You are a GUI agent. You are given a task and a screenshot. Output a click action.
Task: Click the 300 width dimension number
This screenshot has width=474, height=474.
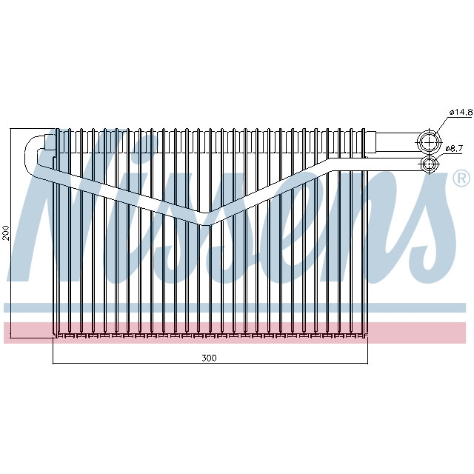tap(209, 358)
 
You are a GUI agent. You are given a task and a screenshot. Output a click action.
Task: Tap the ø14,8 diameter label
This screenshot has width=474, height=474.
tap(460, 113)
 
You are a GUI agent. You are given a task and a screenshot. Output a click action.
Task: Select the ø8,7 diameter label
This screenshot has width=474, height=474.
tap(454, 149)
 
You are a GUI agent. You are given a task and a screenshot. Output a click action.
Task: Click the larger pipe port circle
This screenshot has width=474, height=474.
tap(428, 141)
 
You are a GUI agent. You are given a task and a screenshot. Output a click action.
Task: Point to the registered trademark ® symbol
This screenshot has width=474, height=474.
tap(460, 178)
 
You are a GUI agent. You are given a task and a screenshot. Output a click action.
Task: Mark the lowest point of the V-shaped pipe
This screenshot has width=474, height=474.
tap(207, 220)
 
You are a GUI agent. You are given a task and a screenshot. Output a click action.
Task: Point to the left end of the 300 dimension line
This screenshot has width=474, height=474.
tap(54, 364)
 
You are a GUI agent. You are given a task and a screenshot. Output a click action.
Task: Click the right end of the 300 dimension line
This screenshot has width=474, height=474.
tap(368, 364)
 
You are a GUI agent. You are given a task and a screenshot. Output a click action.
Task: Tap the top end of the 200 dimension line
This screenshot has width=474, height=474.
tap(11, 128)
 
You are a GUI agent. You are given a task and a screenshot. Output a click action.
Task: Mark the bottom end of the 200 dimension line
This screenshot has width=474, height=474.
tap(11, 337)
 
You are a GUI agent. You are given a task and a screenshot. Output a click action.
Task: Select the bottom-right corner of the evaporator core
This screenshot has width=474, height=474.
tap(367, 337)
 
